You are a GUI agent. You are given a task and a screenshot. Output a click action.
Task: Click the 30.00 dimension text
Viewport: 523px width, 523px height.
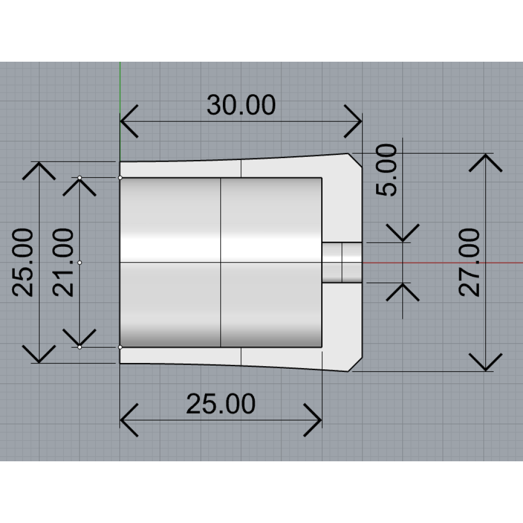pos(241,105)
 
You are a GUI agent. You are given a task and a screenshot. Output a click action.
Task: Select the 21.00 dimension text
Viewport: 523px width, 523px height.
pos(63,263)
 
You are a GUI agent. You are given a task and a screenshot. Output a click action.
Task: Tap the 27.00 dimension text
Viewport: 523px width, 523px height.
pos(469,263)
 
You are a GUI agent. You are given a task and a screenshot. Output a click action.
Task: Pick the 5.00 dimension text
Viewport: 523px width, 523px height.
pos(386,170)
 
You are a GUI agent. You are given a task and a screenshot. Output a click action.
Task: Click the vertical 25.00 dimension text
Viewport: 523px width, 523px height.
pos(22,263)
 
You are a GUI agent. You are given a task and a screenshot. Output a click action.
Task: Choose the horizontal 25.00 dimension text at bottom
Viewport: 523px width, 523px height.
pos(221,404)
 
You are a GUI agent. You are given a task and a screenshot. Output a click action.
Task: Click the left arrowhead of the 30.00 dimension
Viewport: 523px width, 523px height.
pos(129,121)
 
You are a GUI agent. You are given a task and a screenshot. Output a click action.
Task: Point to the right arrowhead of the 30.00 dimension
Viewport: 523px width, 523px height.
pos(353,121)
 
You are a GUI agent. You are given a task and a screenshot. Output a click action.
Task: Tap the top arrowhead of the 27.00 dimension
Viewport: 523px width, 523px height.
pos(486,163)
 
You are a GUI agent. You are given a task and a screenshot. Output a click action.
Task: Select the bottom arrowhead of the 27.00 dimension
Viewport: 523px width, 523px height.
pos(486,362)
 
